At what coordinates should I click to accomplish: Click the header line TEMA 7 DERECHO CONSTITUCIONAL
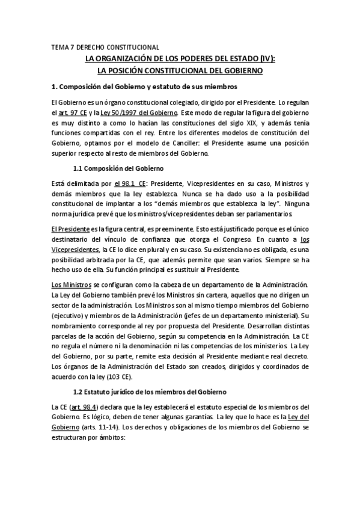tap(105, 47)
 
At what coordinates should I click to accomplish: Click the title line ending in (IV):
tap(180, 58)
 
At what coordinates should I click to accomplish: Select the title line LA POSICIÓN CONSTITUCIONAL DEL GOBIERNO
tap(180, 70)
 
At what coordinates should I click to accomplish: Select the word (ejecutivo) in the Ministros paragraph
tap(70, 315)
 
